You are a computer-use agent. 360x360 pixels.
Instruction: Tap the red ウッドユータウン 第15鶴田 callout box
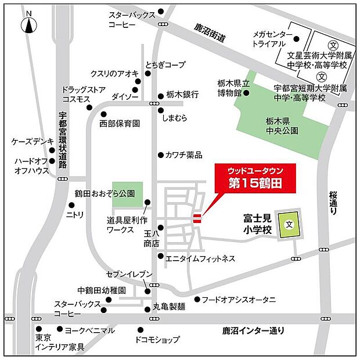(255, 178)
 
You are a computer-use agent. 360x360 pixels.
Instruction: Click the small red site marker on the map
(197, 218)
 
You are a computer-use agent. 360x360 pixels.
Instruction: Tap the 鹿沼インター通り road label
(254, 330)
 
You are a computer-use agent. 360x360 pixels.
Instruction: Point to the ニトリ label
(76, 214)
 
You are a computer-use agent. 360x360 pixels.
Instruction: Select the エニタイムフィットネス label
(200, 258)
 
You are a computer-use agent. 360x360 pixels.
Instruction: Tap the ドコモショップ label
(157, 340)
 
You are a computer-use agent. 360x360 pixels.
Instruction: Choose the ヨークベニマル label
(89, 330)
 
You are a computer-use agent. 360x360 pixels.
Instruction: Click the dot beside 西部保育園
(103, 114)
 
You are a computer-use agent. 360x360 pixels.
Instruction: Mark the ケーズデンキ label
(33, 141)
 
